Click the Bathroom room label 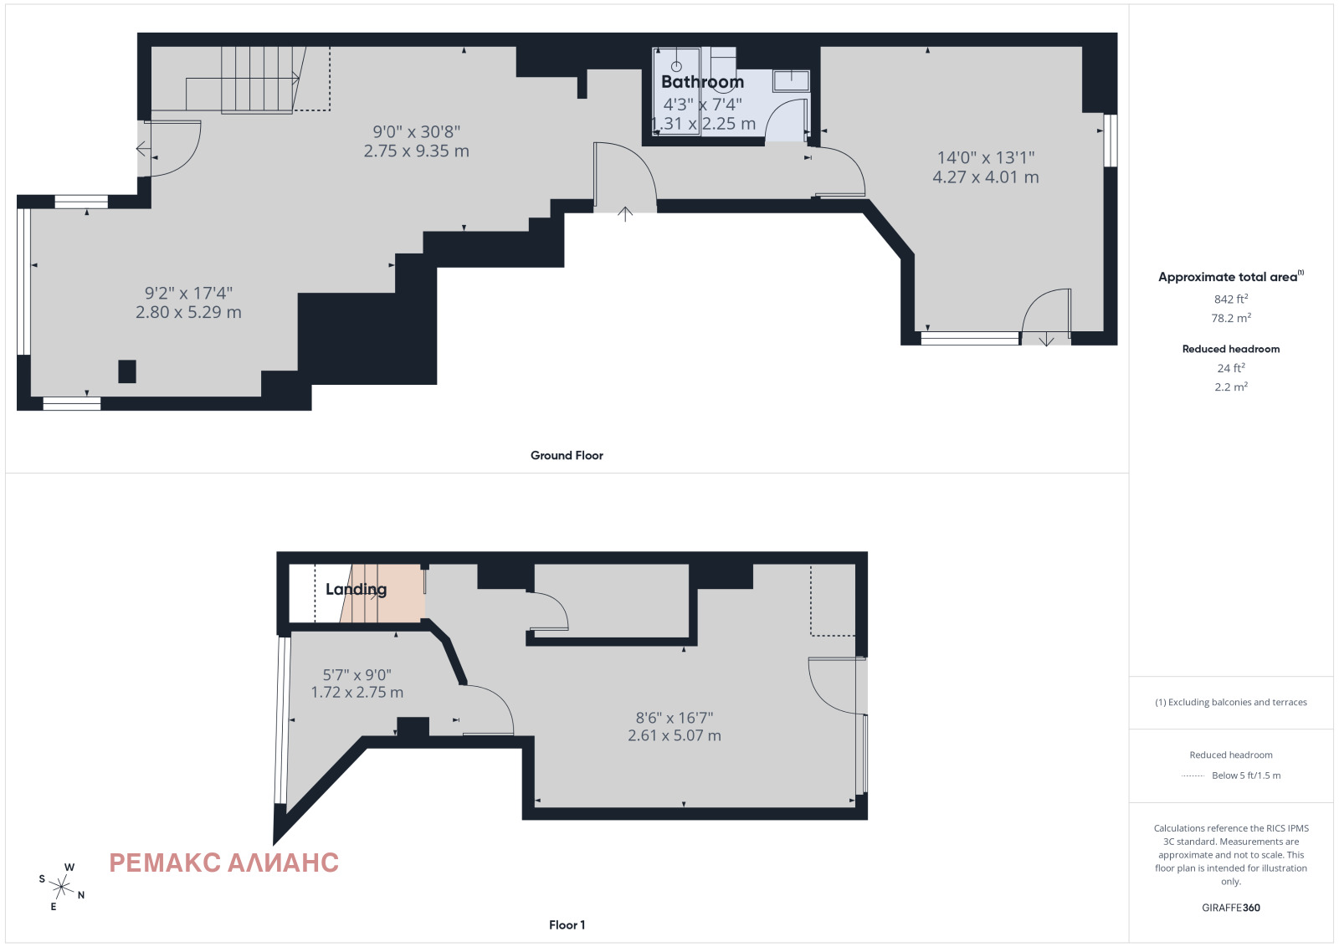(702, 82)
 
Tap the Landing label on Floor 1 (356, 589)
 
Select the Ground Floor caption (567, 455)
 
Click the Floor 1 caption (567, 925)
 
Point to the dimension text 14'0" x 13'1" (986, 158)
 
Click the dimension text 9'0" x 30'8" (417, 131)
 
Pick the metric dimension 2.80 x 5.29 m (188, 312)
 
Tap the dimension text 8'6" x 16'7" (675, 718)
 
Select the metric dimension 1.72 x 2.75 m (357, 693)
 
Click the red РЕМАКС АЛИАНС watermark (224, 863)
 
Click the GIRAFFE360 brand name (1231, 908)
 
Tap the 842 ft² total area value (1231, 299)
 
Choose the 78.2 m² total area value (1231, 318)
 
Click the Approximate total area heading (1231, 277)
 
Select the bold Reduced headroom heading (1231, 349)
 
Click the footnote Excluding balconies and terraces (1231, 702)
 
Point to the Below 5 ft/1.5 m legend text (1246, 776)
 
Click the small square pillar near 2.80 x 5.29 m (126, 371)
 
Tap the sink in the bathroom (792, 80)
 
